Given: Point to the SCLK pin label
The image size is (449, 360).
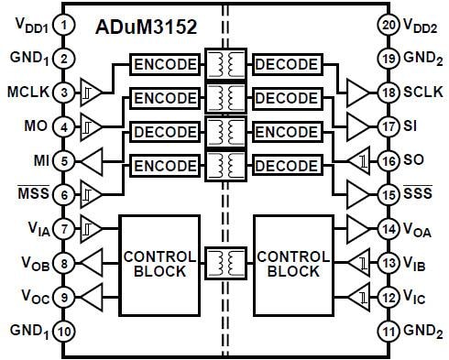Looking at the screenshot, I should [422, 92].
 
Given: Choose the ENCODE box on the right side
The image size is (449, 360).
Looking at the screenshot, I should [284, 133].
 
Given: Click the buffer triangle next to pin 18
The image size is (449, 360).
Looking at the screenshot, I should [357, 92].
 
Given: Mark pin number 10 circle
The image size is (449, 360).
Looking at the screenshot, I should [62, 329].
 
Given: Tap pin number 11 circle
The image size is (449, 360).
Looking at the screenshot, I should [387, 329].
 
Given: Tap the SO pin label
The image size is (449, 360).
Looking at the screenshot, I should [414, 159].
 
